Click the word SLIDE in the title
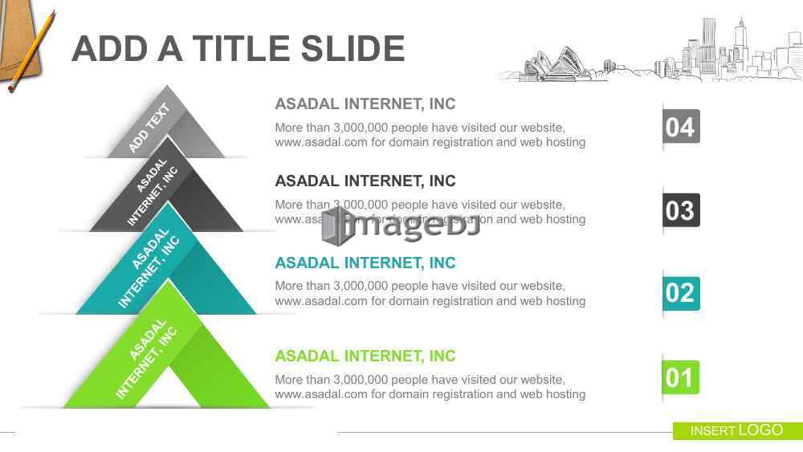pos(353,49)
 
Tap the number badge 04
pos(681,126)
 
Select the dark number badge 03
pos(681,210)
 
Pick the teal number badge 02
pos(681,293)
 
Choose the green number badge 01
pos(681,378)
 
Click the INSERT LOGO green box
pos(737,430)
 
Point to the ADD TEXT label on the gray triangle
pos(149,128)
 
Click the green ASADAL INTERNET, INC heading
pos(365,356)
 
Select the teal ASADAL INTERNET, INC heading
pos(365,263)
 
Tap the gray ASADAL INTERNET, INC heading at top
pos(365,104)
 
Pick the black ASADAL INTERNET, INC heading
pos(365,181)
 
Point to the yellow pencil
pos(32,52)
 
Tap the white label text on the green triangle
pos(146,358)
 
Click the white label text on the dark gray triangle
pos(152,192)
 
